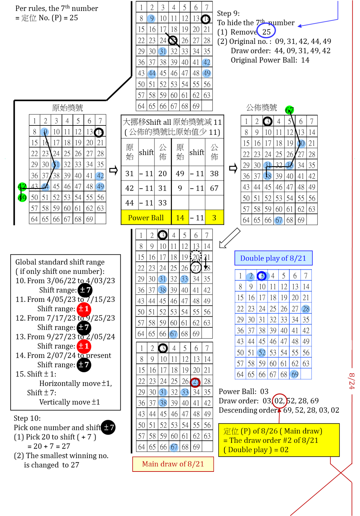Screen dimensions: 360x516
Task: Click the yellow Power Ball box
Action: (146, 217)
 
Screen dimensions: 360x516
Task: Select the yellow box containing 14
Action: (180, 217)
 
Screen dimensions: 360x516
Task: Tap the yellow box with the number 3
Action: (214, 217)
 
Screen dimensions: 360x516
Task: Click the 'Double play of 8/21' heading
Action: (273, 258)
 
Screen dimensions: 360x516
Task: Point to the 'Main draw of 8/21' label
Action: (173, 464)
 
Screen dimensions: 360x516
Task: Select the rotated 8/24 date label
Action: (352, 381)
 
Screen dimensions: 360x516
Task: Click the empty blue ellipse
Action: (266, 31)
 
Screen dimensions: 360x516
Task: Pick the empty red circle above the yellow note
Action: (279, 401)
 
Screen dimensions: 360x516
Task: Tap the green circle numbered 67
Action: (290, 110)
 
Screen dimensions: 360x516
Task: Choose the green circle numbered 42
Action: (22, 187)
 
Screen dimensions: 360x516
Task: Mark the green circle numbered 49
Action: (22, 197)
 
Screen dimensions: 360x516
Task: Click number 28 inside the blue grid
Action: (306, 309)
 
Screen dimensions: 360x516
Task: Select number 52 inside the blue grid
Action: (262, 352)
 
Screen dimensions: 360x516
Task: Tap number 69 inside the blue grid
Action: (294, 374)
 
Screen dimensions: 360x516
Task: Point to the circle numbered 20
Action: (301, 144)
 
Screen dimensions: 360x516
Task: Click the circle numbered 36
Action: (290, 165)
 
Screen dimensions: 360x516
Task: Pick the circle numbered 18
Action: (267, 176)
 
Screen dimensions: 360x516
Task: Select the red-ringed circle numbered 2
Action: (195, 382)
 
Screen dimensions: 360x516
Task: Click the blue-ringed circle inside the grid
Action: (262, 276)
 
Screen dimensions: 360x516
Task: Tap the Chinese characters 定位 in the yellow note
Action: (231, 431)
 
